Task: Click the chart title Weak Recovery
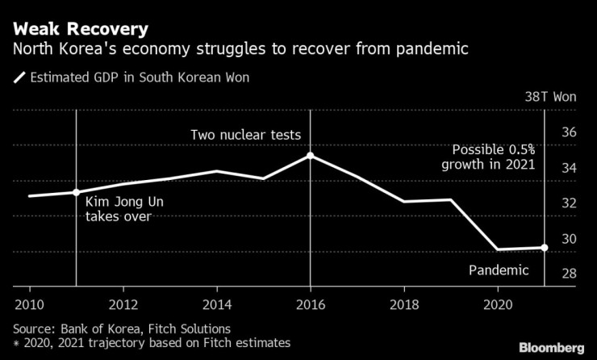80,30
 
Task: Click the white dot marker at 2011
76,192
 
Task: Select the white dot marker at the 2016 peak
311,155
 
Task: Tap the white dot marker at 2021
545,248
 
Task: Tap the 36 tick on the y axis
569,132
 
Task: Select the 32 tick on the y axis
569,203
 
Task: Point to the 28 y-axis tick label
569,274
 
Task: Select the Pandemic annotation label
499,270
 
